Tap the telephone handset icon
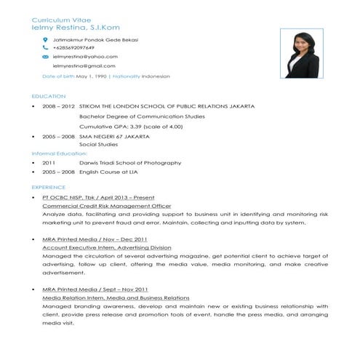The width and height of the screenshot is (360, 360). coord(45,47)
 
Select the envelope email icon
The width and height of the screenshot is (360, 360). coord(45,56)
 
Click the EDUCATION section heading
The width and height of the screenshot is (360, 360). coord(49,97)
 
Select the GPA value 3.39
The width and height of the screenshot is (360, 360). coord(138,126)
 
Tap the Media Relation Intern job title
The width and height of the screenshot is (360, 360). coord(116,298)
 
